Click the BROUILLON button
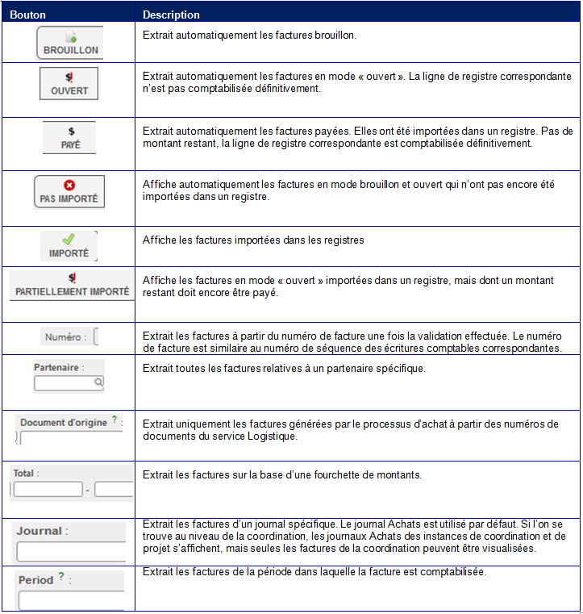[70, 43]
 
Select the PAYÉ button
[70, 137]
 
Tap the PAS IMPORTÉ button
[69, 191]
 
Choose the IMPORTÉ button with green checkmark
[69, 246]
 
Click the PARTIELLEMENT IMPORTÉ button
[72, 286]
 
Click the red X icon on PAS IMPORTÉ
[69, 185]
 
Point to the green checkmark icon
[69, 239]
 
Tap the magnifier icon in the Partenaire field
[98, 384]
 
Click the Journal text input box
[71, 552]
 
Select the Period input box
[71, 601]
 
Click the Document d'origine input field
[71, 438]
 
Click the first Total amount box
[48, 490]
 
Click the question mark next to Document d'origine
[114, 420]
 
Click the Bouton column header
[28, 15]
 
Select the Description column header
[171, 15]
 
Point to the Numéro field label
[64, 336]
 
